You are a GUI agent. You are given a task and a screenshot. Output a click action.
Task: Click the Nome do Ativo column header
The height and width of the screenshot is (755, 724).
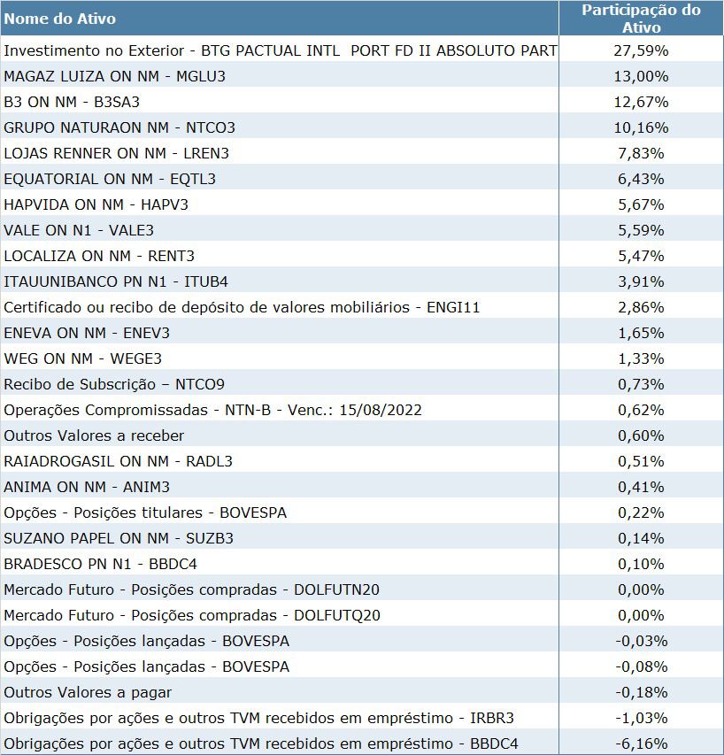click(60, 19)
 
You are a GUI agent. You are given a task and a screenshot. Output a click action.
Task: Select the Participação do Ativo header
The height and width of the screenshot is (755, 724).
click(641, 19)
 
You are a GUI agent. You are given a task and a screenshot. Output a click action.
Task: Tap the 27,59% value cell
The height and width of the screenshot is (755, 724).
click(641, 50)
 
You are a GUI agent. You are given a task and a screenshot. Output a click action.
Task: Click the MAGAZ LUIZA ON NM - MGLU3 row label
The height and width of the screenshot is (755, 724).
click(115, 76)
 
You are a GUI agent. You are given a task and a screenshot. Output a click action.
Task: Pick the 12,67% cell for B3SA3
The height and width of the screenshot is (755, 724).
click(641, 102)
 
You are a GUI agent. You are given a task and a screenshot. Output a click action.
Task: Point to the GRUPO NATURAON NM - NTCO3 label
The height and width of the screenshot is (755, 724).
click(119, 127)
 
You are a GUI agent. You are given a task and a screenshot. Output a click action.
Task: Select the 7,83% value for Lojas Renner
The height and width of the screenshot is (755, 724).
click(641, 153)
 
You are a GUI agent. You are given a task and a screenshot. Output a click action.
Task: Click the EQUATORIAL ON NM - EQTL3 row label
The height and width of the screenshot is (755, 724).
click(110, 179)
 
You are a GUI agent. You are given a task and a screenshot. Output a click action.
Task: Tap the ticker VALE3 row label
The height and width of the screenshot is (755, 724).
click(79, 230)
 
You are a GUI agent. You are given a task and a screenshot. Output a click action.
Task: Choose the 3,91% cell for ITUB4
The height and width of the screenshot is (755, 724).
click(641, 281)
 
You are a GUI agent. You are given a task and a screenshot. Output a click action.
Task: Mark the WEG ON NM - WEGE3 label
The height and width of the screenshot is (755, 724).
click(83, 358)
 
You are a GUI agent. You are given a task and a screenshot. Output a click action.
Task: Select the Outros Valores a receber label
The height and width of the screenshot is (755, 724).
click(94, 435)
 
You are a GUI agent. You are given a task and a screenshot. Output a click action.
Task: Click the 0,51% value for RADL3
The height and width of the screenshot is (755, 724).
click(641, 461)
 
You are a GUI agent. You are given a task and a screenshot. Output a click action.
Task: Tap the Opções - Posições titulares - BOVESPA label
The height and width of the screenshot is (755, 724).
click(145, 512)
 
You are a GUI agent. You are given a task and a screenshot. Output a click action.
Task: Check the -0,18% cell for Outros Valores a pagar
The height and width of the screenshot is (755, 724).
click(641, 692)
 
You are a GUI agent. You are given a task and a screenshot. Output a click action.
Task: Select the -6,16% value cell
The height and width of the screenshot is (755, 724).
click(641, 743)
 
